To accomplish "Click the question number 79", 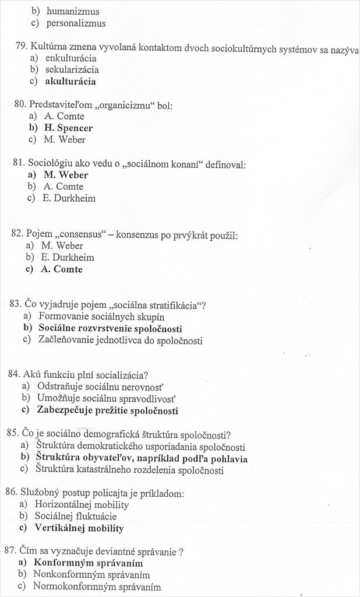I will pyautogui.click(x=22, y=47).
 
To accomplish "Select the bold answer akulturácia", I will pyautogui.click(x=70, y=82).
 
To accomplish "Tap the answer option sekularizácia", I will pyautogui.click(x=72, y=70).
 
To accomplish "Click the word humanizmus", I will pyautogui.click(x=73, y=12).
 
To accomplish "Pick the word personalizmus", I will pyautogui.click(x=76, y=23).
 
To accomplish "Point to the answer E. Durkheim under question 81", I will pyautogui.click(x=69, y=198).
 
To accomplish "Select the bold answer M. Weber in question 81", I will pyautogui.click(x=65, y=175).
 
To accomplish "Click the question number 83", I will pyautogui.click(x=16, y=304).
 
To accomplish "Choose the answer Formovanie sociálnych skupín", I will pyautogui.click(x=101, y=317).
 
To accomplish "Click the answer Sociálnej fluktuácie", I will pyautogui.click(x=76, y=517).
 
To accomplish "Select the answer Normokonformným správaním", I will pyautogui.click(x=97, y=587).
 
